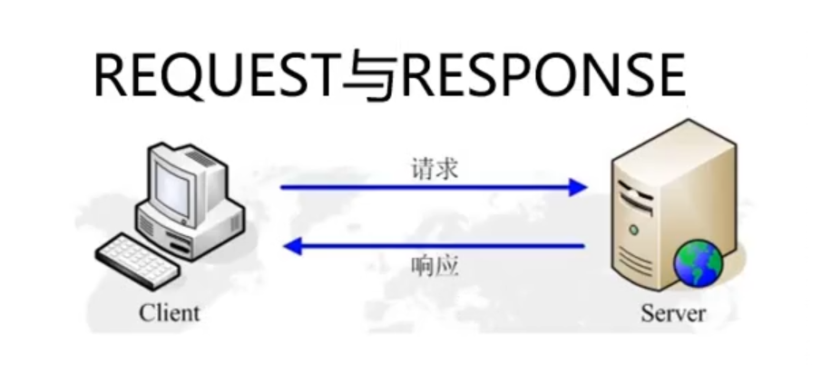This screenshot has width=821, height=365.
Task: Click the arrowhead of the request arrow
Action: click(577, 188)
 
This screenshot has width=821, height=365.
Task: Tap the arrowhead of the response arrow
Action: click(292, 245)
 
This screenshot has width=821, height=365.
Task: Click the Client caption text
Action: click(169, 313)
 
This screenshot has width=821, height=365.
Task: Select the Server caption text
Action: click(672, 313)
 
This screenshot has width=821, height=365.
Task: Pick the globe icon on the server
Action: click(697, 264)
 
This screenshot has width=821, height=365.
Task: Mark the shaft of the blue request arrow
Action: click(426, 188)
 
